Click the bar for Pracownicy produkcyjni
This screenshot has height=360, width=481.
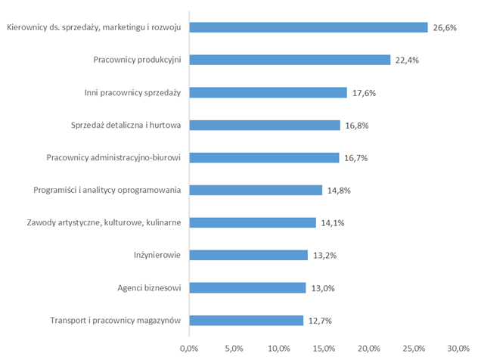[x=290, y=60]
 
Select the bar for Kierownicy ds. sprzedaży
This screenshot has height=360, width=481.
[x=309, y=27]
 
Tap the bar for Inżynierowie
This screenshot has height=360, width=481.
[x=248, y=255]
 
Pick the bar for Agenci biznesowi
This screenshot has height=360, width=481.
[x=247, y=287]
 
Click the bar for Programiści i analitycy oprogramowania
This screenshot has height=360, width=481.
[x=256, y=190]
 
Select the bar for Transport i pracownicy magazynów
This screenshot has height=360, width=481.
[x=246, y=320]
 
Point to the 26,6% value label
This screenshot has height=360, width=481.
[x=445, y=27]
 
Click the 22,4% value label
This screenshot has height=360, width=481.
[x=407, y=60]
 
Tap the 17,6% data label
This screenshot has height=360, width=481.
[x=364, y=92]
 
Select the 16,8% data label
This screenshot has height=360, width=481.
[x=356, y=125]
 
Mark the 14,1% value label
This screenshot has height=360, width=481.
[x=332, y=222]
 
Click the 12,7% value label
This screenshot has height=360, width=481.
[x=320, y=320]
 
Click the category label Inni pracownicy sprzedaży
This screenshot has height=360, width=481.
[x=132, y=92]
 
